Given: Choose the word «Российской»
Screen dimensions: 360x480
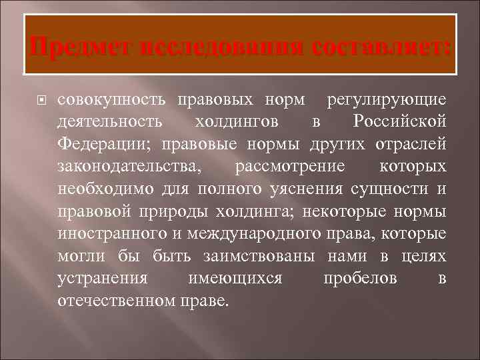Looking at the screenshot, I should point(399,123).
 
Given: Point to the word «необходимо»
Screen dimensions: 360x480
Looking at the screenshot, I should point(107,189).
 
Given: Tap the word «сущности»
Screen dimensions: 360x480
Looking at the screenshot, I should point(399,189).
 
